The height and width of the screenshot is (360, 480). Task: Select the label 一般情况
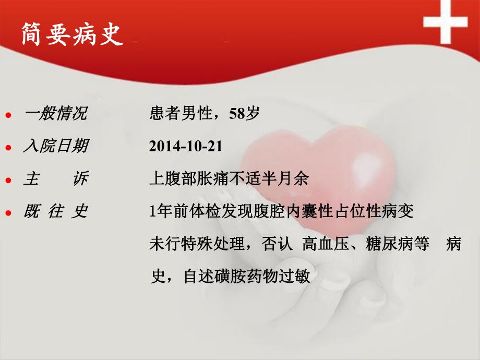pos(55,114)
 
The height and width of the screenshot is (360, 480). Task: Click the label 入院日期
pos(55,147)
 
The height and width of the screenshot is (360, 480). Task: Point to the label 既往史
pos(55,212)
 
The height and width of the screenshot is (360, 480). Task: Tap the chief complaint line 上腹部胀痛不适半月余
pos(229,179)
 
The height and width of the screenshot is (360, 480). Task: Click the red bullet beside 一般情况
pos(8,115)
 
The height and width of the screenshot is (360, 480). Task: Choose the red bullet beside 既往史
pos(8,213)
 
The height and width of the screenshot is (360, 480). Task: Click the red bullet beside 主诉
pos(8,181)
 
